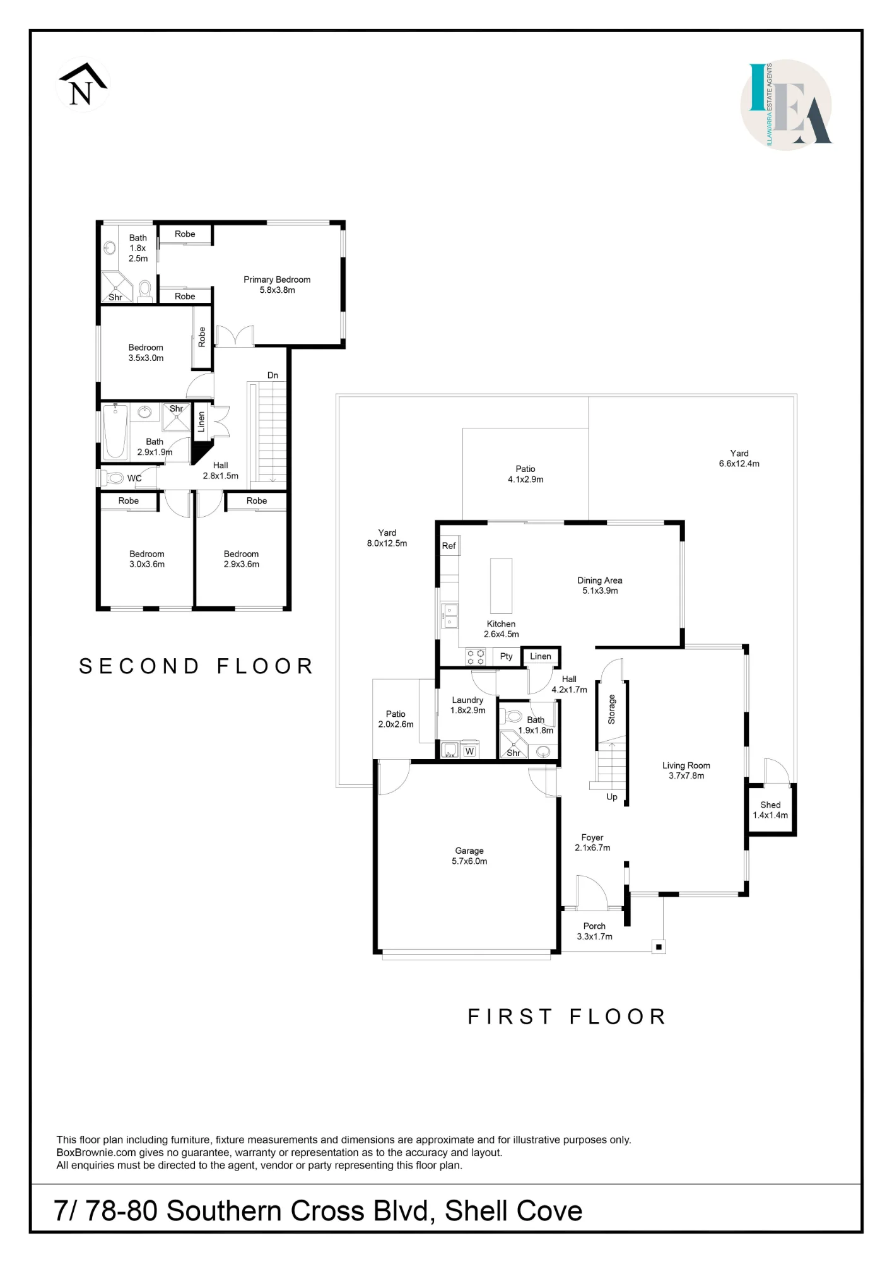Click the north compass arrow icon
pos(83,85)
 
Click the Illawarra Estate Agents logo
pos(786,105)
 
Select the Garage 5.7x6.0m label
pos(469,856)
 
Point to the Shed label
pos(770,805)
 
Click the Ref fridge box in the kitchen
pos(449,546)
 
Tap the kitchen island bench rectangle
pos(502,585)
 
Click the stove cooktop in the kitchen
pos(476,657)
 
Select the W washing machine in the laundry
pos(469,751)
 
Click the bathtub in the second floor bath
pos(115,431)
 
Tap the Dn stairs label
pos(273,375)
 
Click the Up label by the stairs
pos(612,797)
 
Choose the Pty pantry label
pos(506,656)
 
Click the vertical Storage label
pos(611,709)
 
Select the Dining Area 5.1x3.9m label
pos(600,586)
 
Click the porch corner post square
pos(659,946)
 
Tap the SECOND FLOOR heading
pos(196,666)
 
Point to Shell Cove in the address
pos(513,1211)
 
